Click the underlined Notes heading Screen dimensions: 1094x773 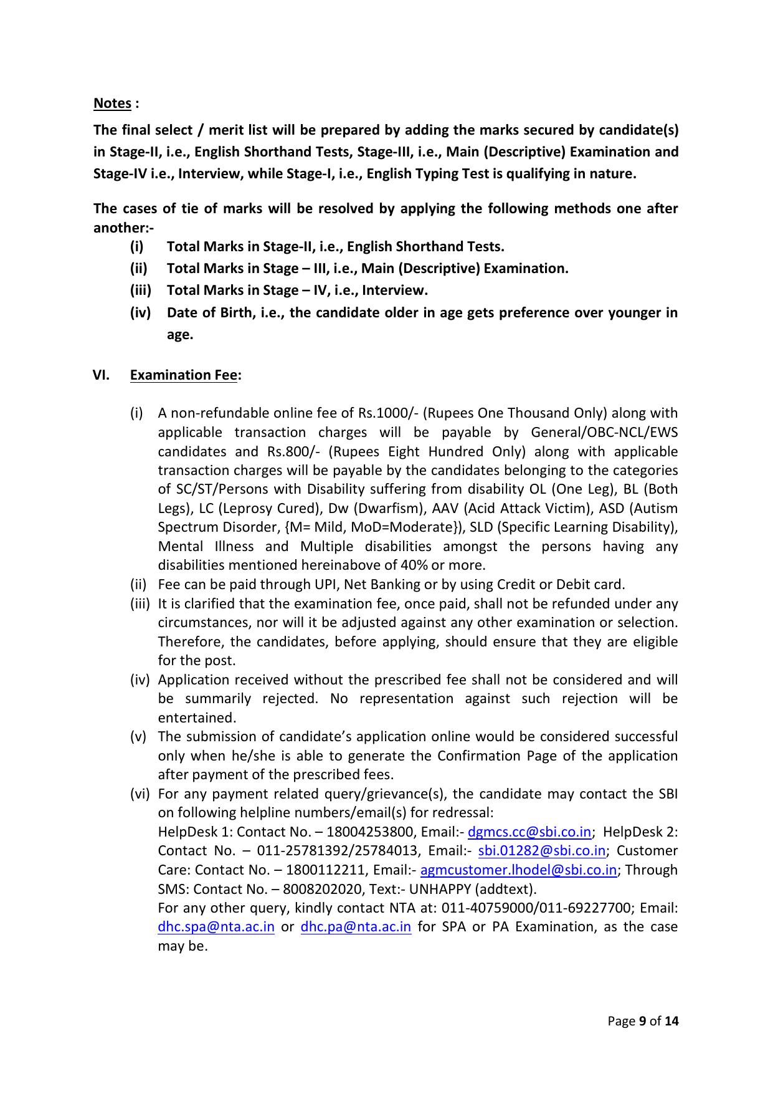pyautogui.click(x=112, y=103)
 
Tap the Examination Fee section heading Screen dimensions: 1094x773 pyautogui.click(x=184, y=375)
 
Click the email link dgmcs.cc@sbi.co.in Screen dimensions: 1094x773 pyautogui.click(x=529, y=832)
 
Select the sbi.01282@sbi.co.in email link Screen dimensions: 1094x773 pyautogui.click(x=541, y=851)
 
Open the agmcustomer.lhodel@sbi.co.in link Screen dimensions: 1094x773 pyautogui.click(x=518, y=870)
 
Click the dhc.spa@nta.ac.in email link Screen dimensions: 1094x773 pyautogui.click(x=216, y=927)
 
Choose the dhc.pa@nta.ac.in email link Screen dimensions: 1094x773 pyautogui.click(x=356, y=927)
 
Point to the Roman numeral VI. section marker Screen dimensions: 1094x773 pyautogui.click(x=101, y=375)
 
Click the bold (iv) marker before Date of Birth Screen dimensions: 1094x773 pyautogui.click(x=140, y=313)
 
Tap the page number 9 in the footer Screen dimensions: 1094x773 pyautogui.click(x=642, y=1022)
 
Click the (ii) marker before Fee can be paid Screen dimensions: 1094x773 pyautogui.click(x=137, y=585)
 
